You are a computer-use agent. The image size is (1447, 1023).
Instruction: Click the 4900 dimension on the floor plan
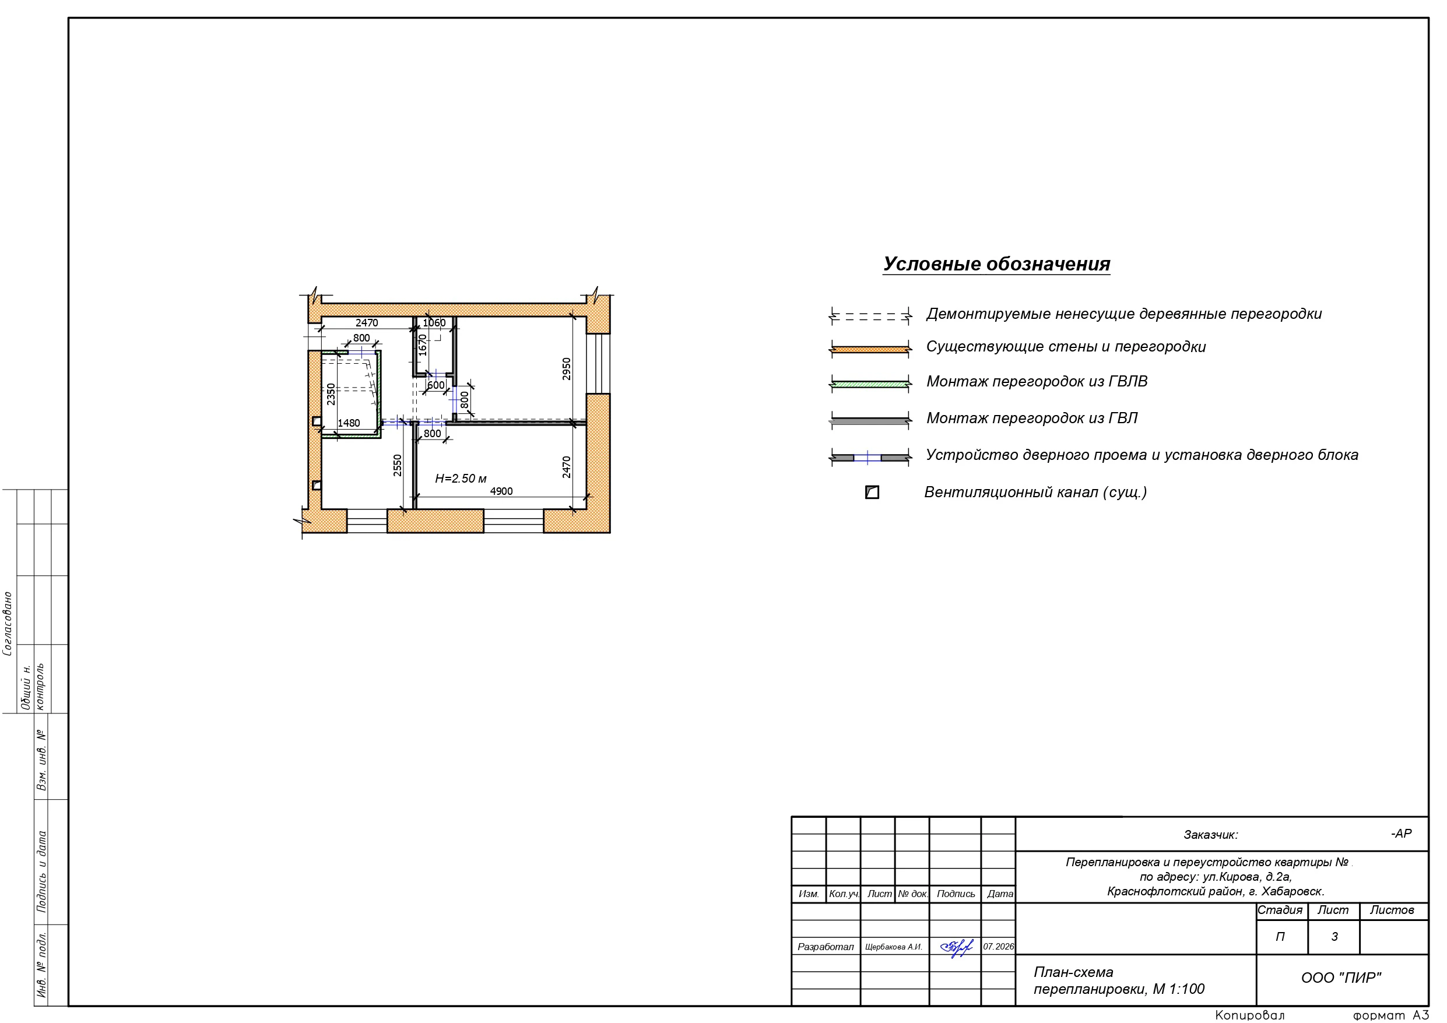click(x=501, y=491)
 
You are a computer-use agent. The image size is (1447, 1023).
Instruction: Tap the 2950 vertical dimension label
click(x=567, y=369)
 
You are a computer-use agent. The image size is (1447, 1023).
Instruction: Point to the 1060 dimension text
click(x=434, y=323)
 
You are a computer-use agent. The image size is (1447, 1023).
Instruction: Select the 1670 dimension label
click(x=422, y=344)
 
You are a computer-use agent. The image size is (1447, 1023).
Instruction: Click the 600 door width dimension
click(x=436, y=385)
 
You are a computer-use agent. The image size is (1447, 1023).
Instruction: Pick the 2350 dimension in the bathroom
click(x=331, y=394)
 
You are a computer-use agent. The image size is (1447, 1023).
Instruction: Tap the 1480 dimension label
click(x=349, y=423)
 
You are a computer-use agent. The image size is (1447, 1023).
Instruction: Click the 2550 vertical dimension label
click(x=397, y=465)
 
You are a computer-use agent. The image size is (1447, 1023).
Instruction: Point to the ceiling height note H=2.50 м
click(x=461, y=479)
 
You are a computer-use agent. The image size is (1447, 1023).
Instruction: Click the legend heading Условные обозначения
click(x=996, y=264)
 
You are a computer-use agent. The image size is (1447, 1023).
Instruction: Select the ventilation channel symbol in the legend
click(x=872, y=493)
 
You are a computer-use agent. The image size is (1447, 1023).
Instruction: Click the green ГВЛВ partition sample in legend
click(x=870, y=383)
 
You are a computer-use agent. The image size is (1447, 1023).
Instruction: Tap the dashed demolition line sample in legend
click(x=870, y=316)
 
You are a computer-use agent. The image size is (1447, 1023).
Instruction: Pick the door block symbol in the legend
click(x=870, y=457)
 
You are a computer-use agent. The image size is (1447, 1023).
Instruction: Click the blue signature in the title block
click(x=956, y=947)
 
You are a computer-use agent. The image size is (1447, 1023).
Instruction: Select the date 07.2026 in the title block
click(x=998, y=946)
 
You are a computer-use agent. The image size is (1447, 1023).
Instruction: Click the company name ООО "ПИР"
click(x=1341, y=978)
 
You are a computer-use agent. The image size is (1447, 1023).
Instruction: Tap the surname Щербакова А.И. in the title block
click(x=893, y=947)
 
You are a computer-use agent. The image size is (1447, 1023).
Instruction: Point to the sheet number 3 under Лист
click(x=1334, y=937)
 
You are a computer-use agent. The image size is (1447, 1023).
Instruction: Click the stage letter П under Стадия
click(x=1280, y=937)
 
